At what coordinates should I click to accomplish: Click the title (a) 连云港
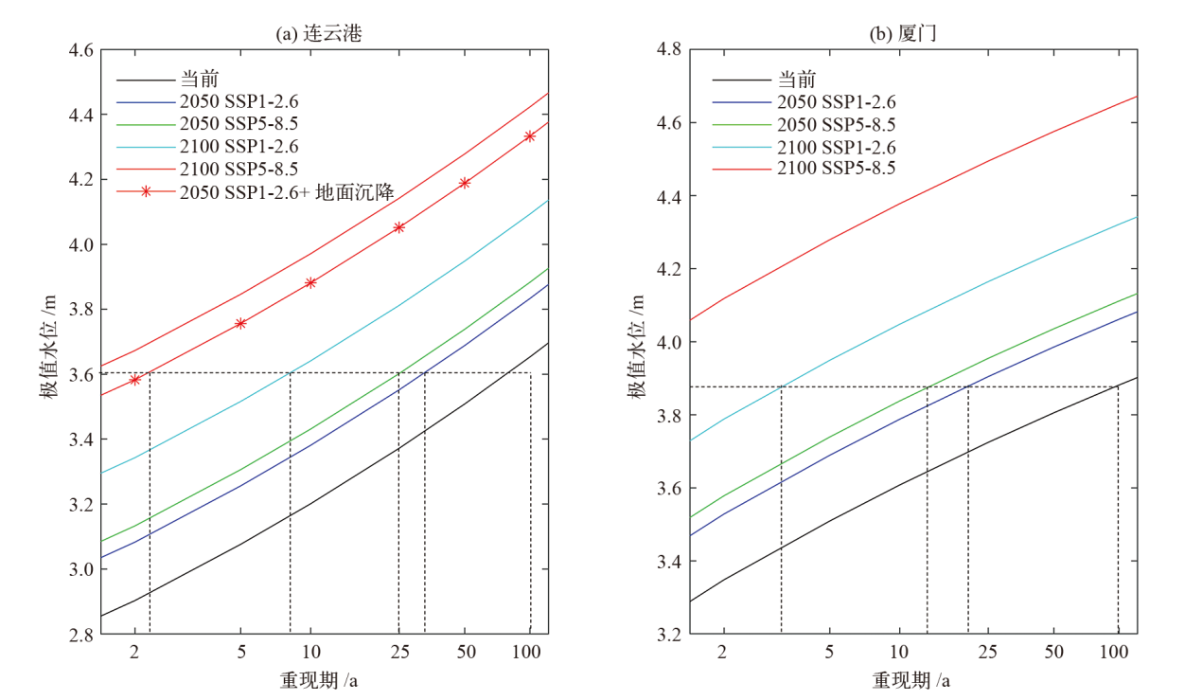319,34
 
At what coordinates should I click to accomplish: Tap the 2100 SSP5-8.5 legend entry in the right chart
837,168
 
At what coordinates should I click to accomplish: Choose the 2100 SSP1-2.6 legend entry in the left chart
239,147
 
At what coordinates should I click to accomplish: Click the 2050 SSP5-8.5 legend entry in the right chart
837,124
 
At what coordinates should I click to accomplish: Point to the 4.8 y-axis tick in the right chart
669,49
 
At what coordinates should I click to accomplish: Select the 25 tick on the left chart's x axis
399,652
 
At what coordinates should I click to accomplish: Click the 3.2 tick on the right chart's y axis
669,634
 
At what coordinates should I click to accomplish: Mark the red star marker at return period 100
530,136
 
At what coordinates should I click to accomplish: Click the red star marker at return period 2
135,379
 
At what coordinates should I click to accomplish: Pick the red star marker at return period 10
310,282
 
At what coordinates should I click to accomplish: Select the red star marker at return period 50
465,183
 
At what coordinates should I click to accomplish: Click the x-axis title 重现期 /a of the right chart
910,680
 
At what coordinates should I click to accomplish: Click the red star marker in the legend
146,191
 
